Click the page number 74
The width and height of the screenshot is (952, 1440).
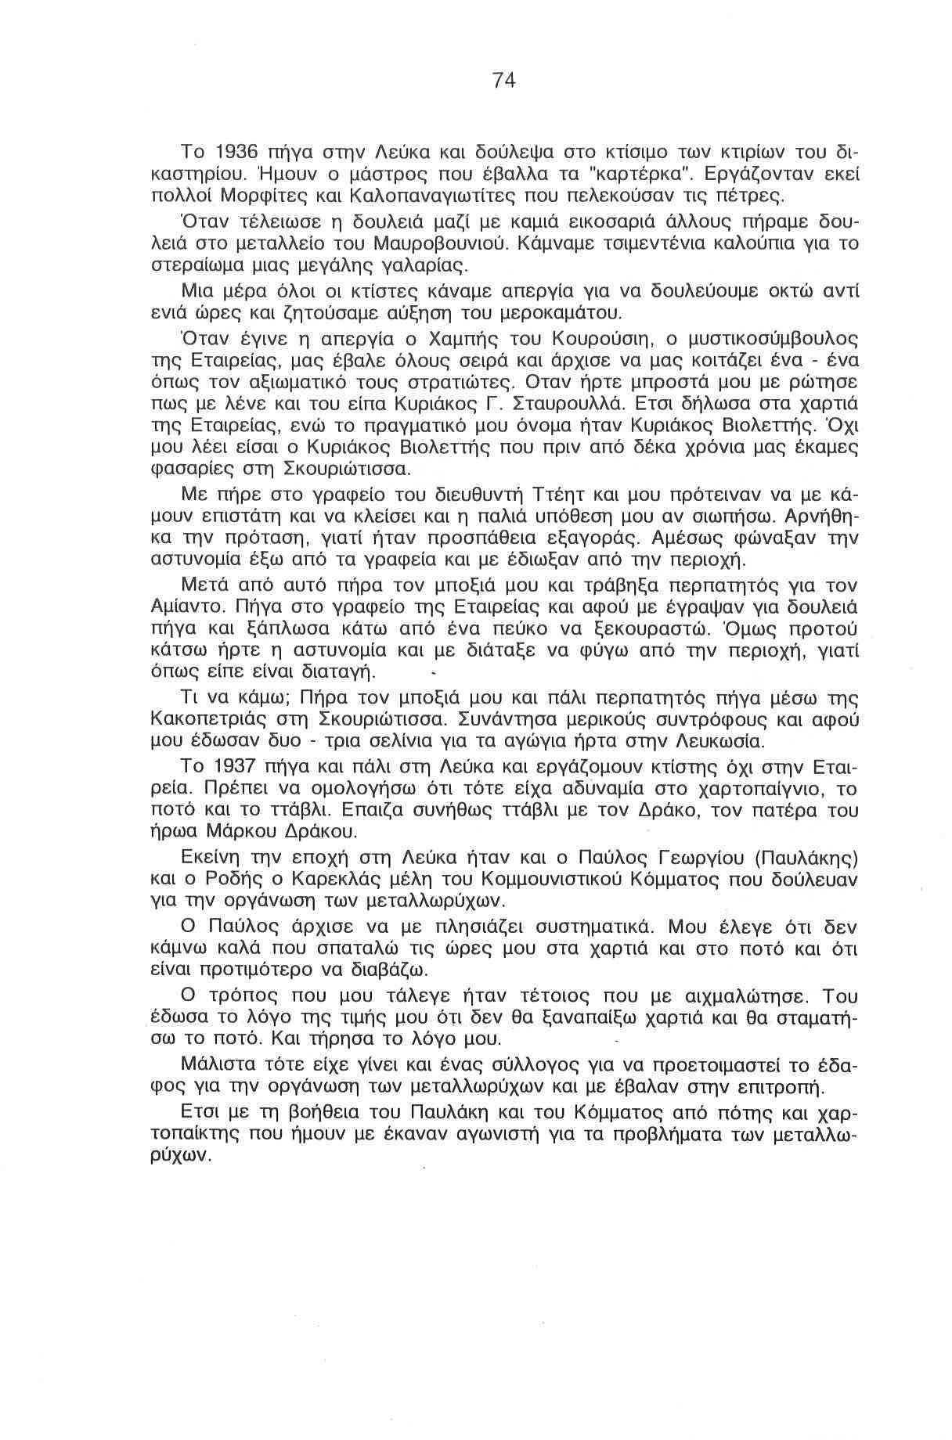coord(504,80)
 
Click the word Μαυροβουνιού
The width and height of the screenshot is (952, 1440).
coord(420,243)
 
